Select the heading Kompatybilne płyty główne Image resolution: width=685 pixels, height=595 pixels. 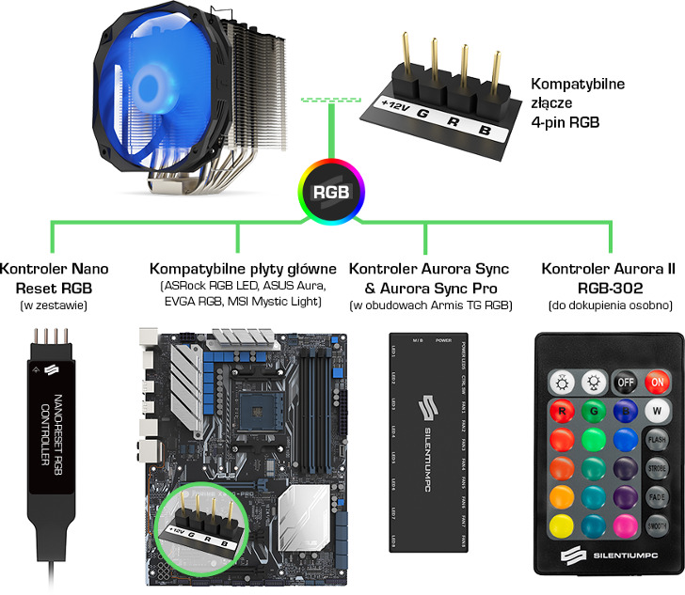pos(243,269)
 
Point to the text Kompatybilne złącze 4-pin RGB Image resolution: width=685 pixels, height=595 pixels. pos(577,102)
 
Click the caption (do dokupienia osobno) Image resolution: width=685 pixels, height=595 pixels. pos(608,305)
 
